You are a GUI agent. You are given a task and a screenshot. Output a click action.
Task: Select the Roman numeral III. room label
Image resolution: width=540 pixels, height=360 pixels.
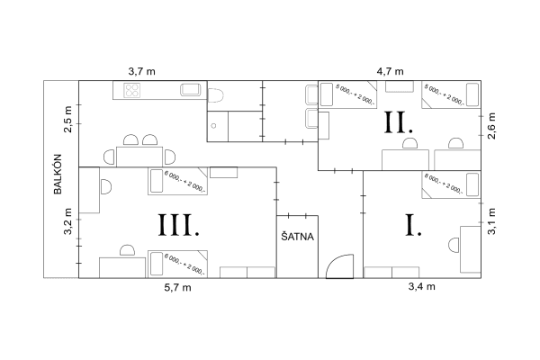click(178, 224)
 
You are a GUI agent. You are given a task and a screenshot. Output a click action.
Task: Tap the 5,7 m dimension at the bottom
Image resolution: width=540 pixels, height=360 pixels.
click(178, 290)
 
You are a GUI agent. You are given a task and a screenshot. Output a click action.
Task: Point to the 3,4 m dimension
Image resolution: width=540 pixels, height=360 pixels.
click(421, 287)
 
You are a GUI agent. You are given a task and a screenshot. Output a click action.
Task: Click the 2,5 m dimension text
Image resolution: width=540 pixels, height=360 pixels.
click(67, 115)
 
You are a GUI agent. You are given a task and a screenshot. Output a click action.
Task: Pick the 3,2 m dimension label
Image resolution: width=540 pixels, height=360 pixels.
click(67, 222)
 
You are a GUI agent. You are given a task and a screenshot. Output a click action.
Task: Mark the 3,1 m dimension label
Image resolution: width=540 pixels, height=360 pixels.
click(491, 219)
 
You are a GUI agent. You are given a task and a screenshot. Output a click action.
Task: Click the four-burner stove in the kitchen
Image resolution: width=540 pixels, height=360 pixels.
click(133, 90)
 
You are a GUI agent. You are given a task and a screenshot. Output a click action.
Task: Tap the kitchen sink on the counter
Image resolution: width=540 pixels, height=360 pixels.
click(192, 89)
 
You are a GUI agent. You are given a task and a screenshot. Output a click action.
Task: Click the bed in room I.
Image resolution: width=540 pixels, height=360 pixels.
click(443, 186)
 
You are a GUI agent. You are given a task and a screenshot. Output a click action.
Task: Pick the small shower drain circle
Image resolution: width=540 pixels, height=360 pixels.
click(213, 126)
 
